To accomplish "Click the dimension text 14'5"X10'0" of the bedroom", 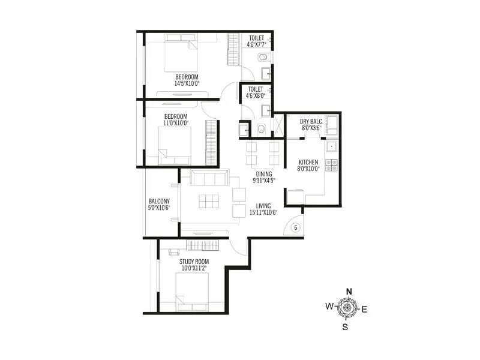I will pos(187,83).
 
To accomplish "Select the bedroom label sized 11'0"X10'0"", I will pos(176,116).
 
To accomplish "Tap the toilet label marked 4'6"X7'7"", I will pos(256,37).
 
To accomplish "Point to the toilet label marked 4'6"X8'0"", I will pos(256,89).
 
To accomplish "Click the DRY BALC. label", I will pos(311,121).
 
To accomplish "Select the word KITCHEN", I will pos(308,162).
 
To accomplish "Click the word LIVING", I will pos(263,206).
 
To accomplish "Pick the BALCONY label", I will pos(159,202).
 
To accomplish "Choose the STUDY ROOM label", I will pos(193,262).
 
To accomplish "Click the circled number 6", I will pos(295,227).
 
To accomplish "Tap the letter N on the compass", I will pos(348,292).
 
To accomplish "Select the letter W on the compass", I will pos(329,307).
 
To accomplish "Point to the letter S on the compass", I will pos(345,327).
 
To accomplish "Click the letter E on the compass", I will pos(364,309).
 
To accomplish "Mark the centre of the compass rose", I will pos(347,308).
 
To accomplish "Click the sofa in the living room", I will pos(209,178).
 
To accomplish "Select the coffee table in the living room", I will pos(209,202).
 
